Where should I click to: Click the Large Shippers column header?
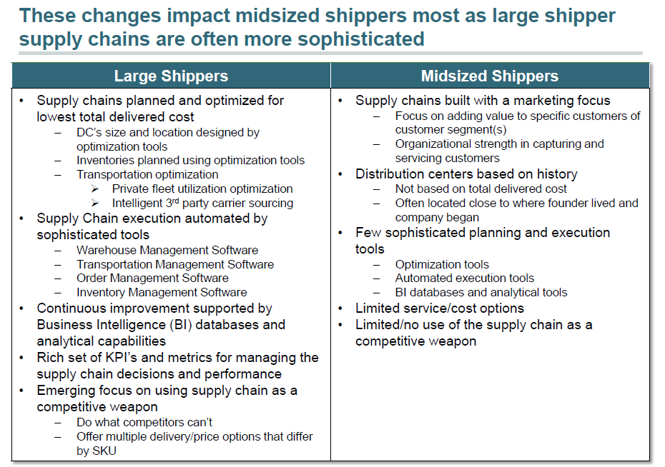171,76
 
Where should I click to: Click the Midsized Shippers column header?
490,76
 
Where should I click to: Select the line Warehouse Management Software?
167,250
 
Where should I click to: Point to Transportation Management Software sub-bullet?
175,264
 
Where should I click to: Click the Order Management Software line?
152,278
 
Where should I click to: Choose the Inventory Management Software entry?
162,292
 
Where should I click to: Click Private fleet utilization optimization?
202,189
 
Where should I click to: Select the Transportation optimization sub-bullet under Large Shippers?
147,174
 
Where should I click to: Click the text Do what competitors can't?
144,422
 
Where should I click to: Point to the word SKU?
104,451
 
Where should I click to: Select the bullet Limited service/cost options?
440,308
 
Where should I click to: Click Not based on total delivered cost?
481,189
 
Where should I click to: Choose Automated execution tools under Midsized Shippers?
465,278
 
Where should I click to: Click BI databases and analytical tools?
481,292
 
